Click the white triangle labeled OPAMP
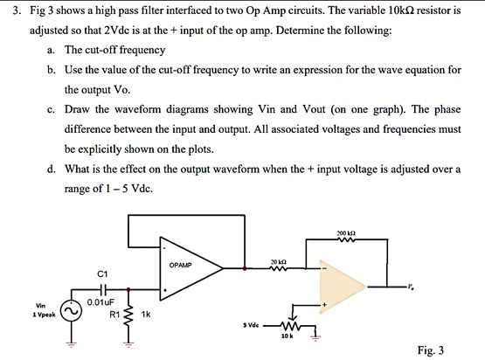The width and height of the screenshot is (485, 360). [x=188, y=263]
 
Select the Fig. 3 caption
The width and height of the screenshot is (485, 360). [x=430, y=350]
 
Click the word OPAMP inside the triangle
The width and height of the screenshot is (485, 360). [x=180, y=264]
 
